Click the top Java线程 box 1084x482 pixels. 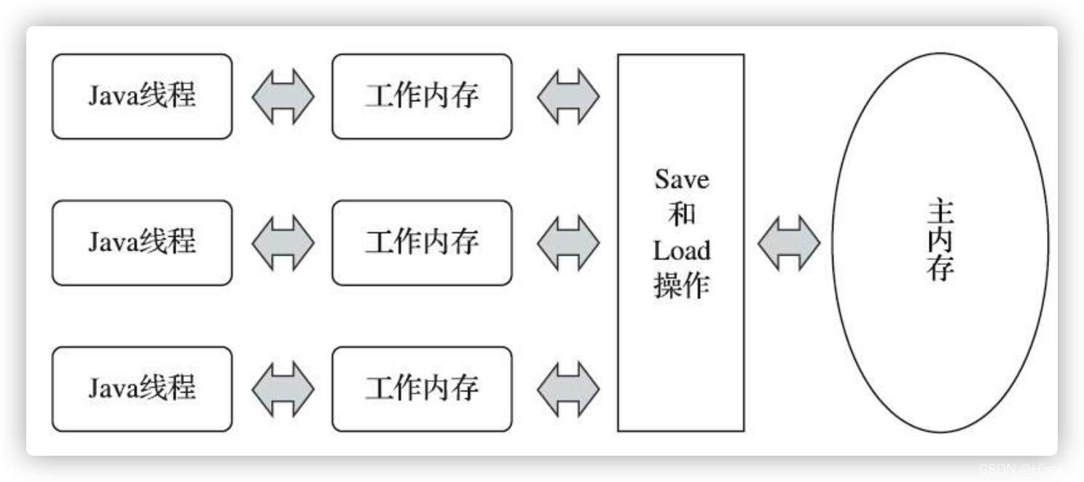click(142, 96)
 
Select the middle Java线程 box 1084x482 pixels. click(142, 242)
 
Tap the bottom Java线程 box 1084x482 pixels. click(142, 389)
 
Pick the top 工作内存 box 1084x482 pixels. click(422, 96)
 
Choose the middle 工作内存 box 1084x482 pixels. click(422, 242)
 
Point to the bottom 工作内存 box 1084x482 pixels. click(422, 389)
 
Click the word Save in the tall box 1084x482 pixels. click(681, 179)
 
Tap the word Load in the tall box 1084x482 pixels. click(681, 250)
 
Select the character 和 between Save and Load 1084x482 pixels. click(681, 215)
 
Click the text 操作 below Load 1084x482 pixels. click(681, 286)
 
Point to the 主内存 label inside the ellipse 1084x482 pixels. click(940, 242)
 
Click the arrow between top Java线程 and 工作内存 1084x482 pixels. click(283, 96)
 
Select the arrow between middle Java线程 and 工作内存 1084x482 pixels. click(283, 242)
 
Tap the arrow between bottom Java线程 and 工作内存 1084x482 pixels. click(283, 389)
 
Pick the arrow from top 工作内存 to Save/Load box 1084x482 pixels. click(568, 96)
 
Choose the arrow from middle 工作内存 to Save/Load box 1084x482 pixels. click(568, 242)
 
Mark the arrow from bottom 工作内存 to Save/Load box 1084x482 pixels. click(568, 389)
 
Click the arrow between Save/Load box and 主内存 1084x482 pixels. click(789, 242)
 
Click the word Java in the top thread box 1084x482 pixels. click(114, 96)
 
